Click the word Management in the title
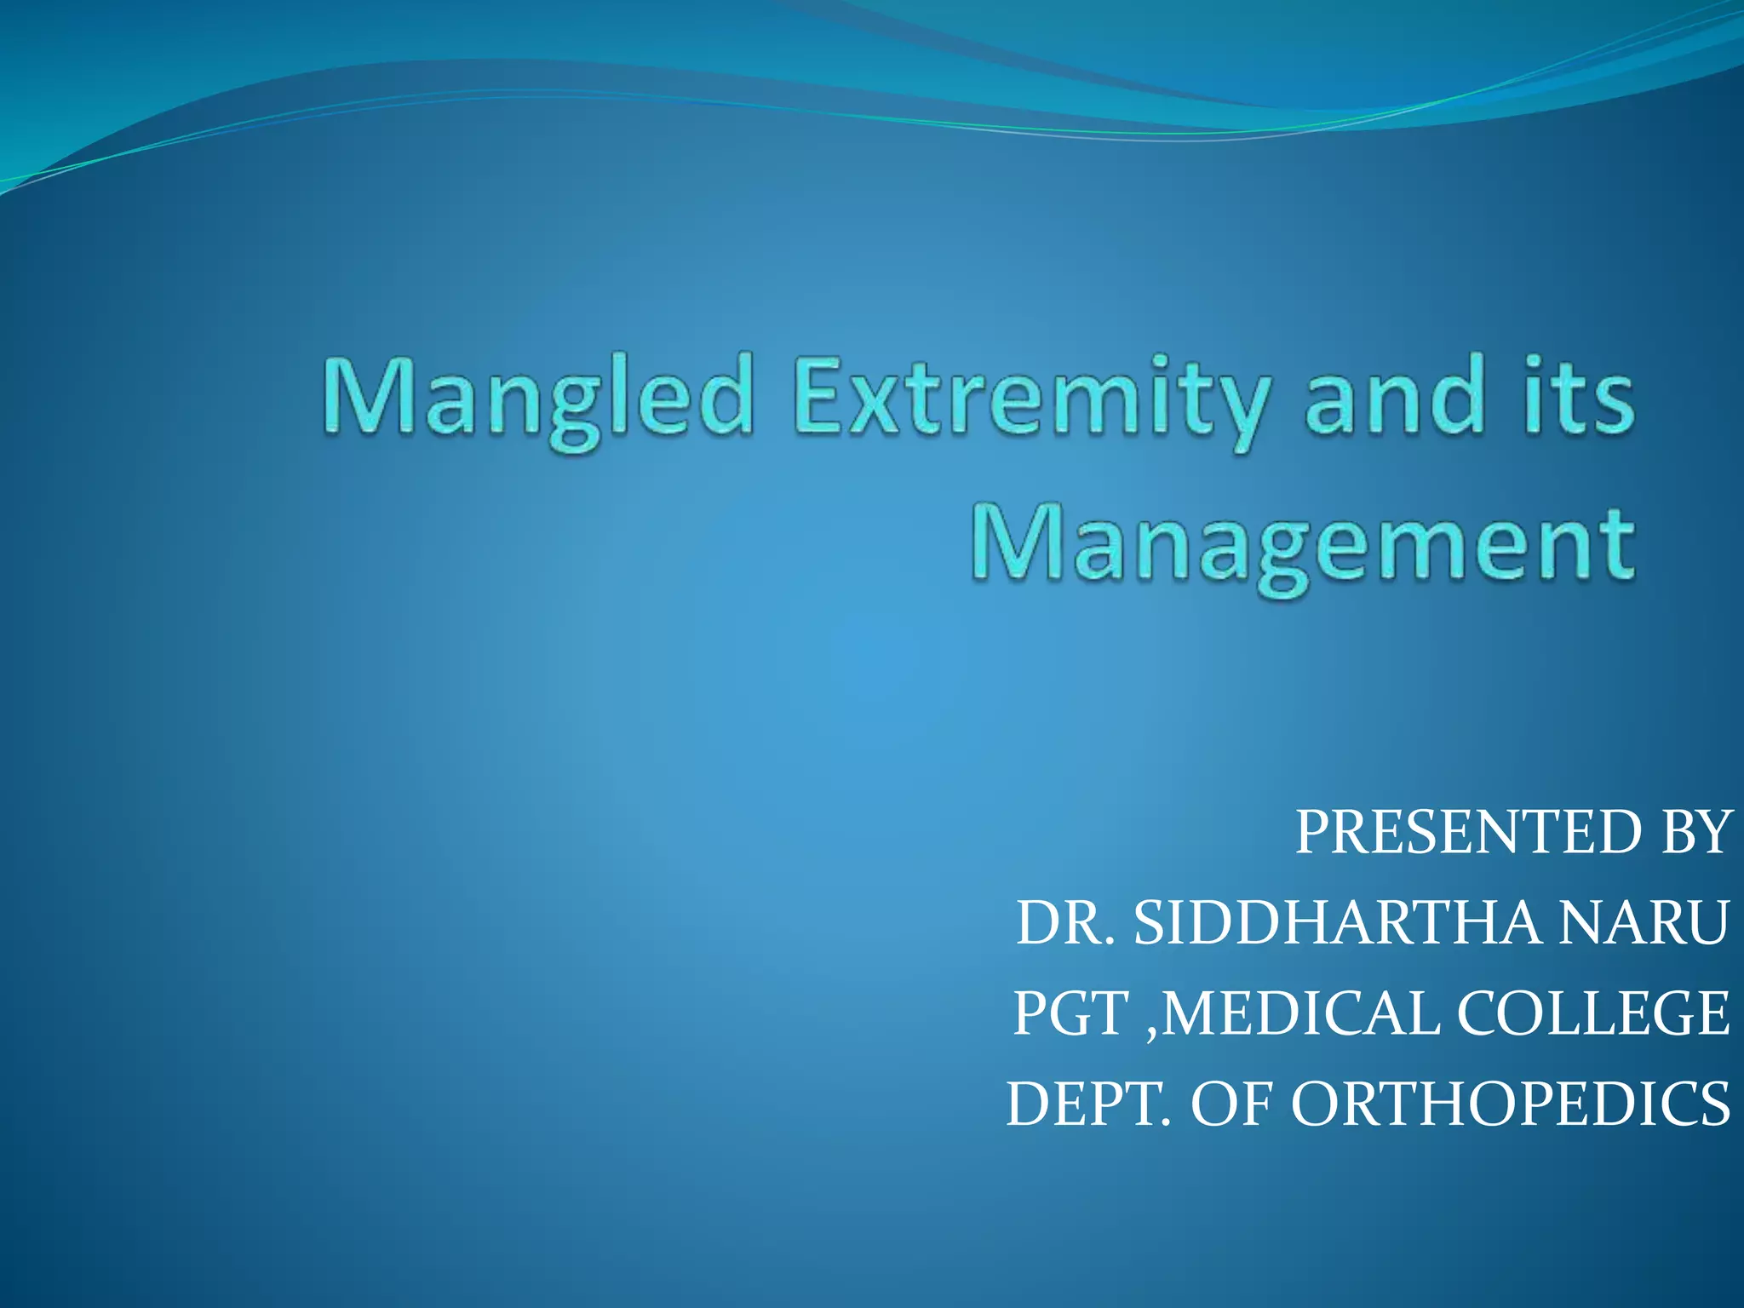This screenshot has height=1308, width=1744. click(1303, 545)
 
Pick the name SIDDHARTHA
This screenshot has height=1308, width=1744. click(1337, 923)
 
